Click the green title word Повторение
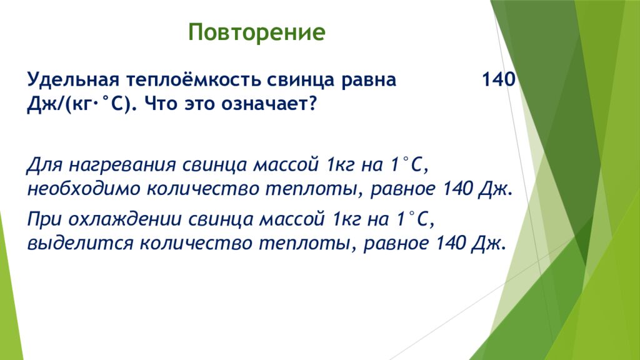click(x=257, y=32)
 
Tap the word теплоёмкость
click(x=194, y=79)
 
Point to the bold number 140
click(x=499, y=79)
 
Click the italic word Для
click(x=44, y=165)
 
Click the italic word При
click(x=44, y=219)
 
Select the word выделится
click(x=80, y=244)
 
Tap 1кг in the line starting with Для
click(x=341, y=165)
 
